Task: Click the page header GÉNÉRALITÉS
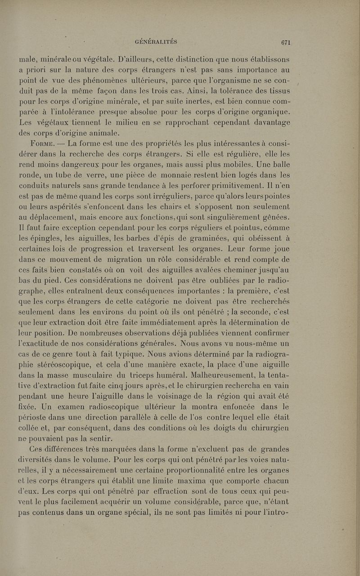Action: point(156,42)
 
